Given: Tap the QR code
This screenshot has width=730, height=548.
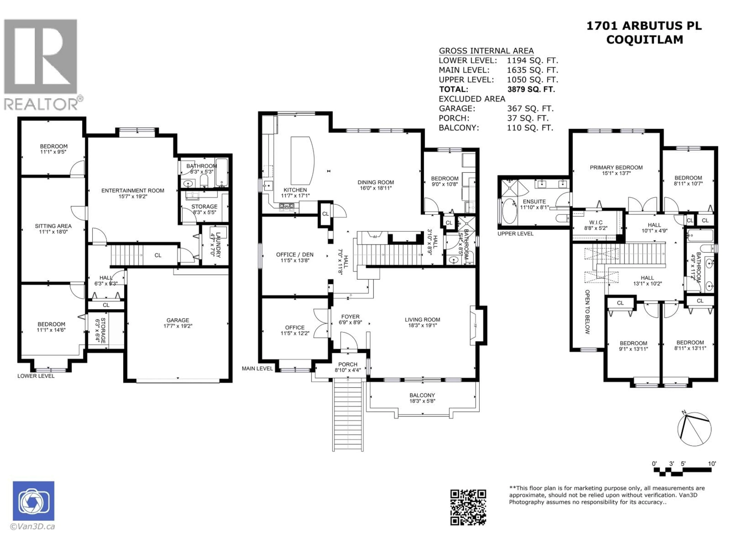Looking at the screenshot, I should tap(468, 507).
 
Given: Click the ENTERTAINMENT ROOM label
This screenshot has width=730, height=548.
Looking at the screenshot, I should tap(133, 191).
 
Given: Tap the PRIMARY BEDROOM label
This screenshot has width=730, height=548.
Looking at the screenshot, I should tap(616, 167).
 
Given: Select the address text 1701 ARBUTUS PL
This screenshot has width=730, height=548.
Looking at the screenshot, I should tap(644, 26).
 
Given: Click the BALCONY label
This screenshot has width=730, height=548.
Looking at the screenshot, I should tap(422, 395).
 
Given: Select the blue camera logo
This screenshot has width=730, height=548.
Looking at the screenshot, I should tap(34, 501).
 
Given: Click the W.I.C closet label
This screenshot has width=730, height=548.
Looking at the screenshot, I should tap(595, 222).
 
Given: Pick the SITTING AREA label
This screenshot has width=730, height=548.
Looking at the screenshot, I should tap(53, 226).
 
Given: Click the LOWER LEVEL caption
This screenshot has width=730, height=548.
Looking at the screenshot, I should tap(36, 376).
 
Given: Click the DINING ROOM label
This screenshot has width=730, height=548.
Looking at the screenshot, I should tap(376, 182).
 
